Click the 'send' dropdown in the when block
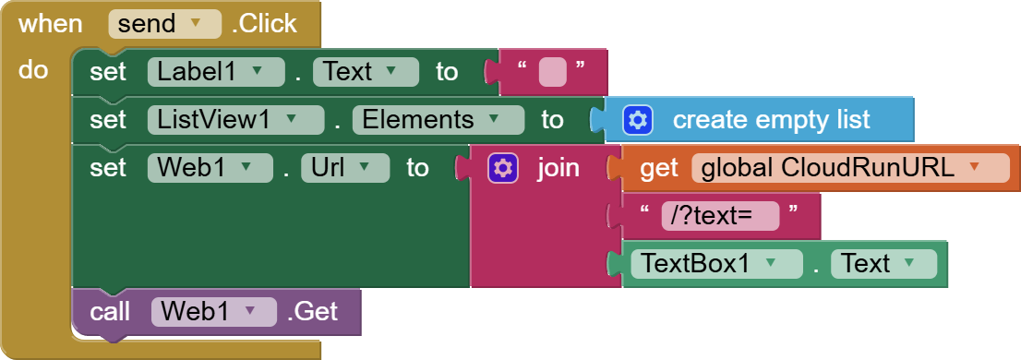(x=164, y=24)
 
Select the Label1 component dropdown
(x=215, y=72)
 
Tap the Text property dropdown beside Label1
(x=366, y=72)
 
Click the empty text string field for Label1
(x=552, y=72)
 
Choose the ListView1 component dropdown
(x=235, y=120)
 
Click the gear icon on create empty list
(x=638, y=120)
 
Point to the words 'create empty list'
(x=771, y=120)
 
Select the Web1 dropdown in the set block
(x=210, y=168)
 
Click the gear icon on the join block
(x=502, y=168)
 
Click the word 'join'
(x=559, y=168)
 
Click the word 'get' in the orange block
(x=659, y=168)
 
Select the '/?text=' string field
(x=720, y=216)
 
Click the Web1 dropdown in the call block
(x=213, y=312)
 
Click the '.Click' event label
(x=266, y=24)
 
